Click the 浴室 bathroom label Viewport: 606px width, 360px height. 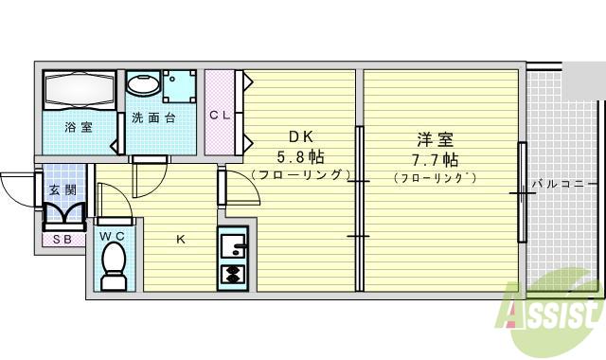click(x=78, y=127)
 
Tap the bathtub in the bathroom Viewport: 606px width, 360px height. click(x=80, y=91)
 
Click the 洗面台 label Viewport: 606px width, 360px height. click(x=153, y=117)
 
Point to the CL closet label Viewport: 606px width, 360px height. click(x=220, y=116)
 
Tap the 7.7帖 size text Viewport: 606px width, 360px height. click(x=436, y=157)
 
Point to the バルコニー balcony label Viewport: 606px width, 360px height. click(x=563, y=183)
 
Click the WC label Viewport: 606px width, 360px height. click(x=112, y=233)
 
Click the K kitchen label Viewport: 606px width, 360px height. click(x=181, y=239)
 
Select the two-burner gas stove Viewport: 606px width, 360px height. click(x=231, y=274)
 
